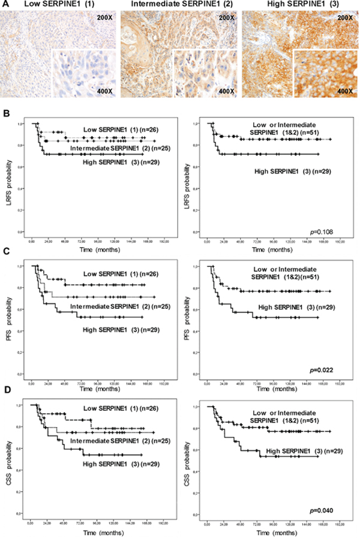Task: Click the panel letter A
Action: [x=5, y=5]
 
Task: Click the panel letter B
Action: [x=5, y=114]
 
